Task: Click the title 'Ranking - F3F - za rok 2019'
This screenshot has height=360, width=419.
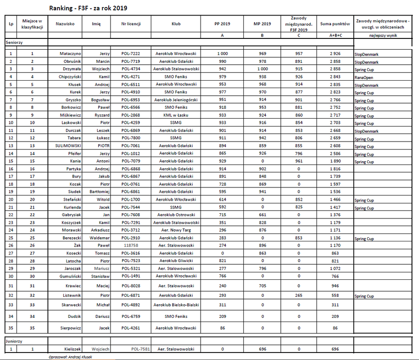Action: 88,8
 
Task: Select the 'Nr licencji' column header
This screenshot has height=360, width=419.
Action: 131,23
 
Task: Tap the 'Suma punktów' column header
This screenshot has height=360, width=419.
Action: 335,23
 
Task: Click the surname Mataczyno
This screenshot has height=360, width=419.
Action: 70,54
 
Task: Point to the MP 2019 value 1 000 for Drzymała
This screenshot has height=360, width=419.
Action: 262,69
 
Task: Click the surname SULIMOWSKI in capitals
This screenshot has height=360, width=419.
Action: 68,146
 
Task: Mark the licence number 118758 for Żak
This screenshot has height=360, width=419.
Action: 131,245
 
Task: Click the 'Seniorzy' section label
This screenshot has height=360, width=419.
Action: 14,42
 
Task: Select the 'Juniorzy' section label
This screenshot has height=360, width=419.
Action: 14,341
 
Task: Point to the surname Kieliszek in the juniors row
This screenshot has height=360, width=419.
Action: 73,349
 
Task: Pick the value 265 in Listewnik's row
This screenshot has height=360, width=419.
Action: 299,296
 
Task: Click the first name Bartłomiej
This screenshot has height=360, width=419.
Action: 99,192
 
